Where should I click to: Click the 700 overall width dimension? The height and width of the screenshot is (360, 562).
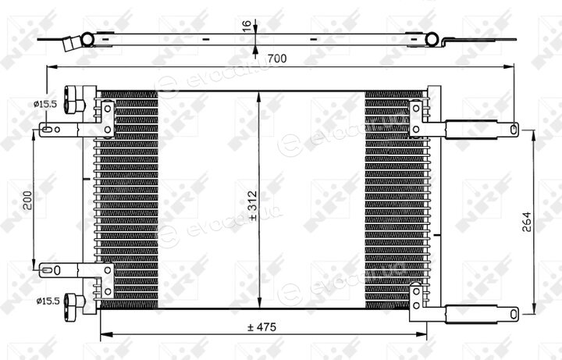click(277, 58)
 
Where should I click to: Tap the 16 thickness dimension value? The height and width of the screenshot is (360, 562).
click(247, 27)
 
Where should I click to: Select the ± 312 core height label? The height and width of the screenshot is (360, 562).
click(252, 205)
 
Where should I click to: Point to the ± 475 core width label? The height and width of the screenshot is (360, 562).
click(261, 327)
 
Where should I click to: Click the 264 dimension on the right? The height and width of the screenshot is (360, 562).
click(526, 222)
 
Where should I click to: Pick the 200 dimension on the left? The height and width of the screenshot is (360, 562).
click(27, 201)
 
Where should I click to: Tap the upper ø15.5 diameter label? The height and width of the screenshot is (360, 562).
click(45, 105)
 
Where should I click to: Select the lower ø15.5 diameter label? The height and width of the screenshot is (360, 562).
click(48, 301)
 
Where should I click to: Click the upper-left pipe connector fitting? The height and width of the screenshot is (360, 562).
click(74, 100)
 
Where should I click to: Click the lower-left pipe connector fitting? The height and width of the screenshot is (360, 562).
click(74, 304)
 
